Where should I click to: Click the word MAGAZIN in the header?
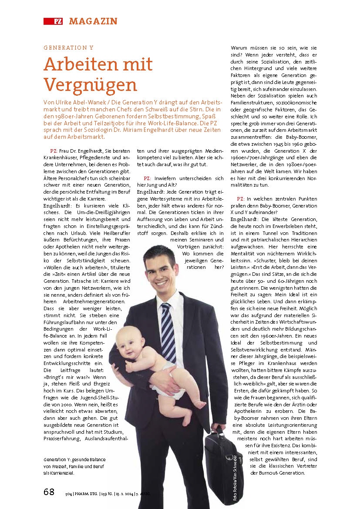tap(93, 21)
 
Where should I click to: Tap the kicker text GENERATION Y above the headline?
tap(68, 48)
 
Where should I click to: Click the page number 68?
tap(49, 492)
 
